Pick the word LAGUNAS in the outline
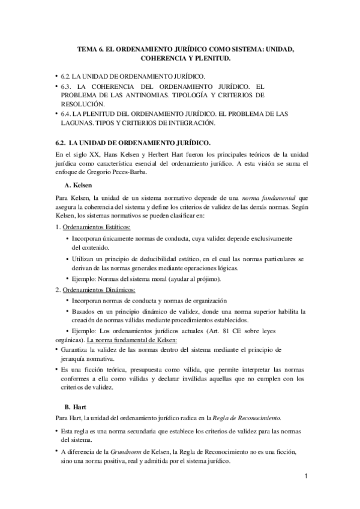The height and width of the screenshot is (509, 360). (x=74, y=122)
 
